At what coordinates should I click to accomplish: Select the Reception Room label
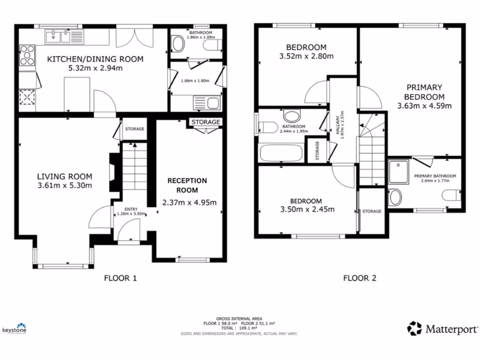[187, 185]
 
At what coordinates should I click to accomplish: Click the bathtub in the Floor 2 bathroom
[280, 153]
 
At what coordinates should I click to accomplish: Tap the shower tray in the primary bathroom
[398, 172]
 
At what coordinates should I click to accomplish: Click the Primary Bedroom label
[424, 92]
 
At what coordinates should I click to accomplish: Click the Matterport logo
[443, 328]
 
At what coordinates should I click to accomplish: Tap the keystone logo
[15, 329]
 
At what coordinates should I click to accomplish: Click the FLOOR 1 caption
[120, 278]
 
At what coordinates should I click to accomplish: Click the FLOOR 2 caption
[360, 278]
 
